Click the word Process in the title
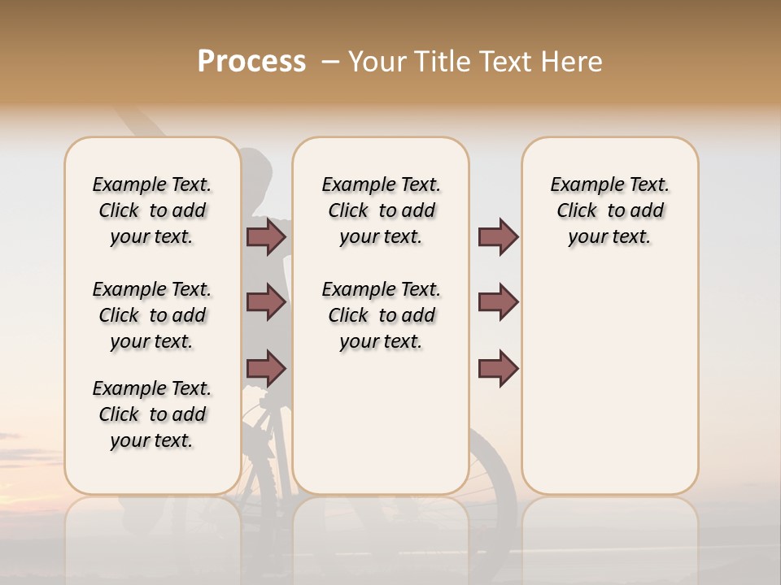[251, 62]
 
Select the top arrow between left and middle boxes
[266, 237]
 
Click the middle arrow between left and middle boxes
[266, 302]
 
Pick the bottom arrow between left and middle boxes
[266, 368]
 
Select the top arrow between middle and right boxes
[498, 237]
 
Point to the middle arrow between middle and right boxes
[498, 302]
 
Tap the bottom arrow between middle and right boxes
[498, 368]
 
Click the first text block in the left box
[152, 210]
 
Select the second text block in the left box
[152, 315]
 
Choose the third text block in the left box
[152, 414]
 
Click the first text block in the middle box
[381, 210]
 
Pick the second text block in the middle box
[381, 315]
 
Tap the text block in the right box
[609, 210]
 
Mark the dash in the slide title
[330, 62]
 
